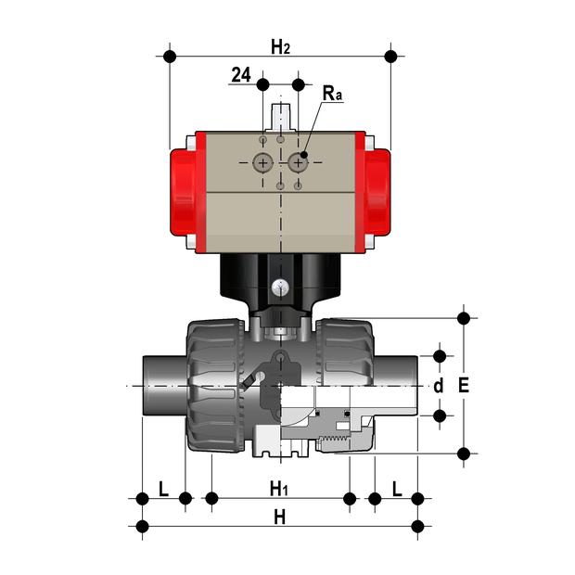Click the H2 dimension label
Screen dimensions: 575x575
(x=280, y=45)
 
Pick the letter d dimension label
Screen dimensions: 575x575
(x=440, y=385)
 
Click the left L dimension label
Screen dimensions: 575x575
(x=163, y=488)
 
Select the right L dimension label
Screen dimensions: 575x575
(x=397, y=488)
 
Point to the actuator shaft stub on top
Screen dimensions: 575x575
(x=280, y=117)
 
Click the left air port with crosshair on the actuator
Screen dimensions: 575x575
(x=263, y=163)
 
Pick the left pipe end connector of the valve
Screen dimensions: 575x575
(x=163, y=384)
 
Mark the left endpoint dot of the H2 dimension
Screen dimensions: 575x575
(x=169, y=57)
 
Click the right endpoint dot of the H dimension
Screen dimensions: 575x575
(x=417, y=528)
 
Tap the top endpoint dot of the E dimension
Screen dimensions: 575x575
(x=465, y=318)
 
